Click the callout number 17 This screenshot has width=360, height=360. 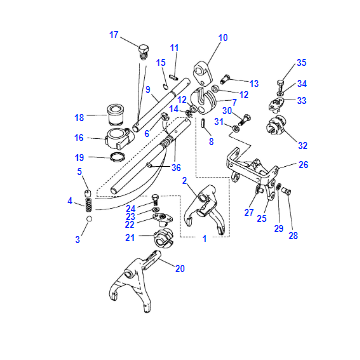(114, 35)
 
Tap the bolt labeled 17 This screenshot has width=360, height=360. (143, 52)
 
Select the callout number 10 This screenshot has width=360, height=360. (223, 38)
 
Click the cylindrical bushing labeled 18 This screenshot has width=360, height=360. (115, 114)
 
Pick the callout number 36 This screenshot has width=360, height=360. (176, 167)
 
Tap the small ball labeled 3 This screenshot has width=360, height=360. (89, 219)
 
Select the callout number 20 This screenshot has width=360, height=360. (180, 268)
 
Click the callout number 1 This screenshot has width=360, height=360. (205, 239)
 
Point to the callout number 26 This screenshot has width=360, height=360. (303, 164)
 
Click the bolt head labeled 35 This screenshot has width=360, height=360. (280, 82)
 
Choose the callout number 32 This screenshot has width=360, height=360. (303, 145)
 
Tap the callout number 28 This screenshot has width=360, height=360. (293, 236)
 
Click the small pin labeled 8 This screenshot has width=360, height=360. (204, 123)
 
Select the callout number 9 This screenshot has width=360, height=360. (148, 89)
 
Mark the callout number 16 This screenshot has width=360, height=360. (79, 137)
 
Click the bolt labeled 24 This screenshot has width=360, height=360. (155, 199)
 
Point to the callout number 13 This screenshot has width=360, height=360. (254, 83)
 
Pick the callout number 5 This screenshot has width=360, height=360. (79, 171)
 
